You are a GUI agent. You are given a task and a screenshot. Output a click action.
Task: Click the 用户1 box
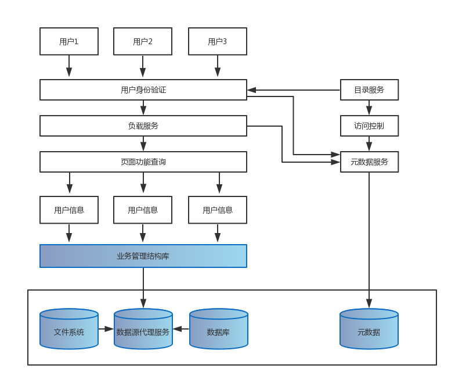tap(69, 41)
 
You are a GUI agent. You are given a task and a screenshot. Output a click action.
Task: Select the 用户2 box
tap(143, 41)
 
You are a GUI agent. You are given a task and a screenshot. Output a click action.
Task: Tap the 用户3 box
tap(218, 41)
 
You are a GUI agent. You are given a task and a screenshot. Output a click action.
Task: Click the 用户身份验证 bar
tap(143, 90)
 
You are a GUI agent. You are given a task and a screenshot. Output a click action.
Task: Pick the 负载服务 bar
tap(143, 126)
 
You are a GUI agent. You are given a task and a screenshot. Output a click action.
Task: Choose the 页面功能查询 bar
tap(143, 162)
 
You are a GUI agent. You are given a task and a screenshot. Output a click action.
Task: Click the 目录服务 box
tap(369, 90)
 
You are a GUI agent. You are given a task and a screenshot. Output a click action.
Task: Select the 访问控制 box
tap(369, 126)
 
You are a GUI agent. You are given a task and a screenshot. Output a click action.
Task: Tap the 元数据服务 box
tap(369, 162)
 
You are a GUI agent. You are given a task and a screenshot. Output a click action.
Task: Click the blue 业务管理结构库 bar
tap(143, 256)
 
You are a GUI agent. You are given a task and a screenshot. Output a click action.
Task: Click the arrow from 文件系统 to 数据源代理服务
tap(106, 329)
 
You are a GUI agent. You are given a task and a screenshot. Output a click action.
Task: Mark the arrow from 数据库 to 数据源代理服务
tap(181, 329)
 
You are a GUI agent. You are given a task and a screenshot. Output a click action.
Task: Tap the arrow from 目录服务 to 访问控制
tap(369, 108)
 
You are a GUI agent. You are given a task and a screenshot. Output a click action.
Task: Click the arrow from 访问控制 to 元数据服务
tap(369, 144)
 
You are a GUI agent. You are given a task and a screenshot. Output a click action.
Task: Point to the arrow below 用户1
tap(69, 67)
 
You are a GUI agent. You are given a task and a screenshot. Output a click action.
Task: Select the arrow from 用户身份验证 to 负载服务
tap(143, 108)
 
